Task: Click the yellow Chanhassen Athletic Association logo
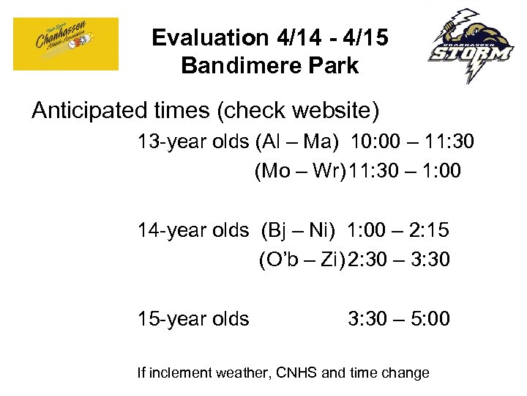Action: coord(66,44)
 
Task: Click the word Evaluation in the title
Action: coord(201,38)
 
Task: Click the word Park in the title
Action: coord(334,66)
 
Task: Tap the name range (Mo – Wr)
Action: coord(300,171)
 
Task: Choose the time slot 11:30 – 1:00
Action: coord(405,171)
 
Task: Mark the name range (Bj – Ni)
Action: coord(298,230)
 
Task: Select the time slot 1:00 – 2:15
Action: coord(398,230)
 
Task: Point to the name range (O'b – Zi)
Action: coord(301,260)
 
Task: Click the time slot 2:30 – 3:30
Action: coord(399,260)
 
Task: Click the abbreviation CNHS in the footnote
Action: coord(297,373)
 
